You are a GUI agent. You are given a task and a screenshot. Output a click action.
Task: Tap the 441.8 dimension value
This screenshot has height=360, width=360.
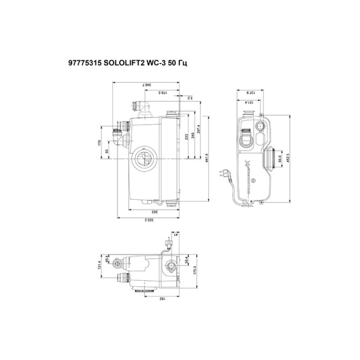point(207,157)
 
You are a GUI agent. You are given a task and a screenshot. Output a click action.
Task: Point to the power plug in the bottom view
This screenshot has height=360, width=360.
point(166,242)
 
